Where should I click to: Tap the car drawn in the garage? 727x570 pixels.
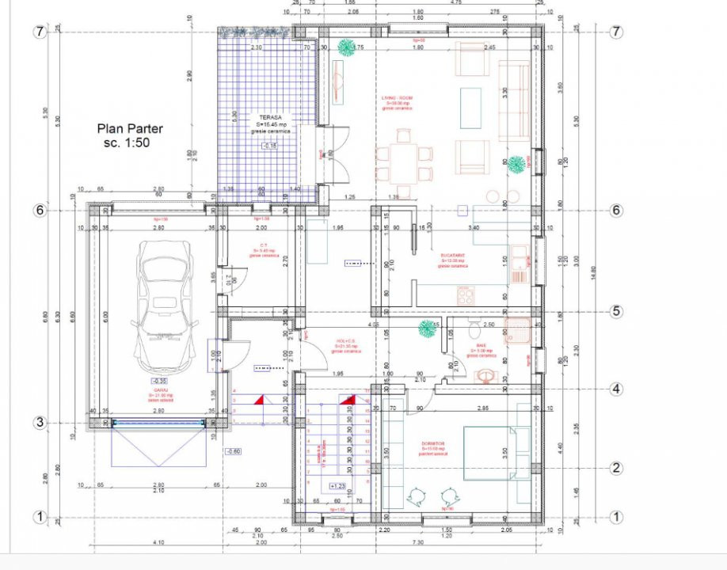pos(164,304)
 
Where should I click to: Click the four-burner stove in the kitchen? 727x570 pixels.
pos(465,295)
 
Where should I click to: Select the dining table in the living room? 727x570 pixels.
pos(405,163)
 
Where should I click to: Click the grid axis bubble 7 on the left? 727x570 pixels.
pos(38,32)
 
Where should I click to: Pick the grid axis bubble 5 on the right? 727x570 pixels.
pos(616,310)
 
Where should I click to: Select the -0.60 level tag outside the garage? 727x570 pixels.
pos(233,451)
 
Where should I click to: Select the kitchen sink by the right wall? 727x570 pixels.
pos(520,264)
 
